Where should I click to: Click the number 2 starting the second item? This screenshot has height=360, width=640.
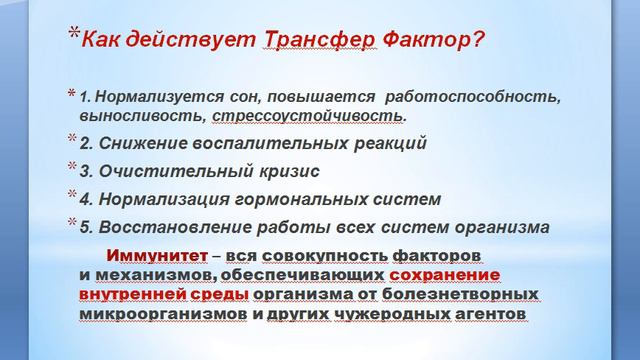(85, 143)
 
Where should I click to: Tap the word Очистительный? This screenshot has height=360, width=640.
(170, 170)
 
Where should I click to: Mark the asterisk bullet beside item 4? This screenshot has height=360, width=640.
(71, 194)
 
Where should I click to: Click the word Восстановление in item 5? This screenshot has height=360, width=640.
(175, 225)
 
